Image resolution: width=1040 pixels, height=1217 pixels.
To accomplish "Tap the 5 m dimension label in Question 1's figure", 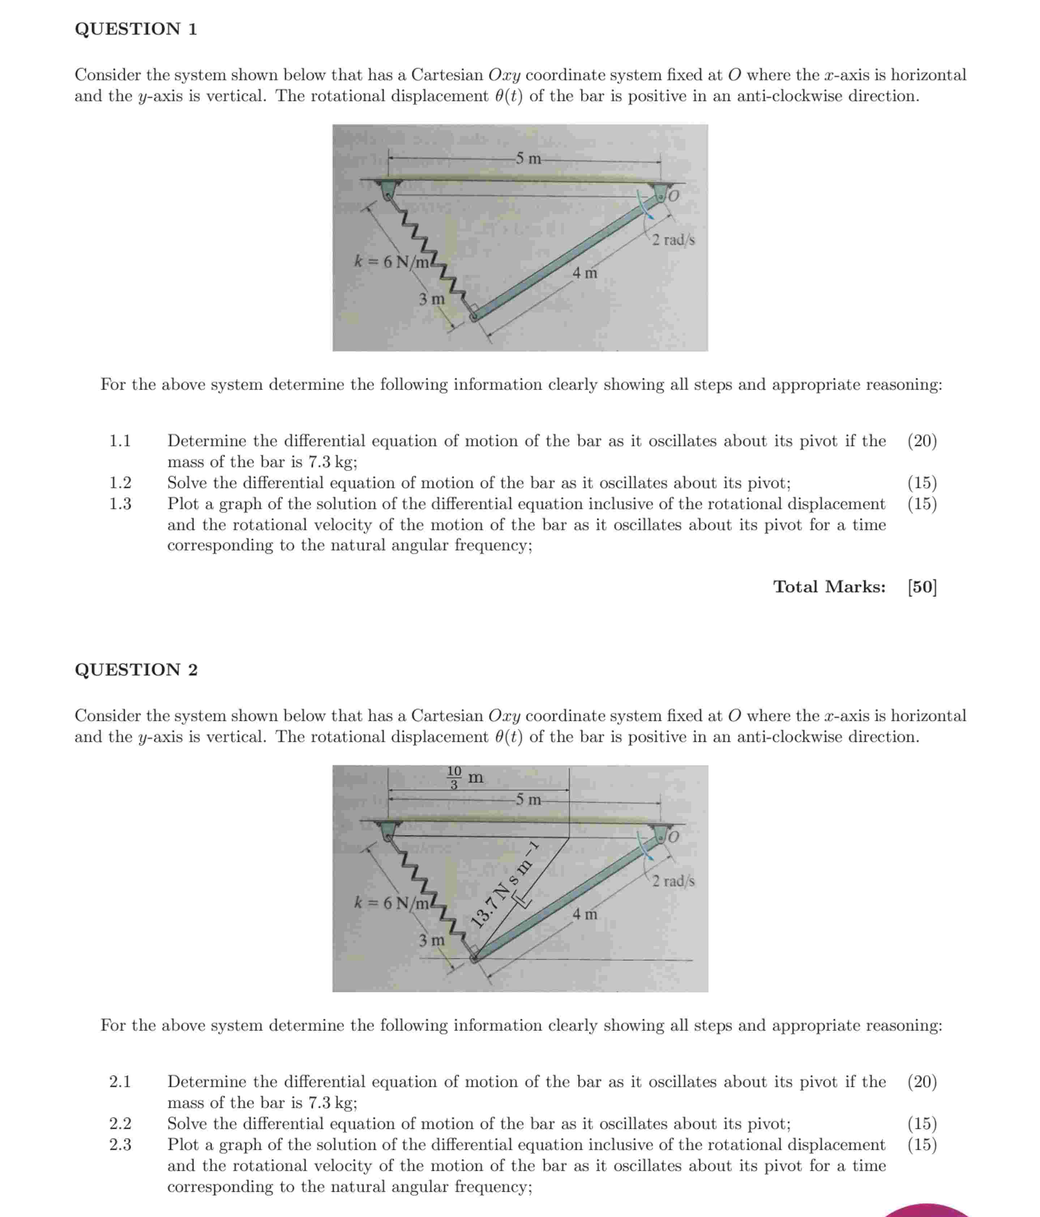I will pyautogui.click(x=528, y=158).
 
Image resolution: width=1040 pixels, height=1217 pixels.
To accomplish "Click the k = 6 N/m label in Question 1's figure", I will pyautogui.click(x=391, y=262).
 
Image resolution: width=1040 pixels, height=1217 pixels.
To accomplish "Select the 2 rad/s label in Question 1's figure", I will pyautogui.click(x=673, y=240).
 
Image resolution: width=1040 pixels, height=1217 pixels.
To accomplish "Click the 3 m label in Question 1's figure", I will pyautogui.click(x=431, y=299).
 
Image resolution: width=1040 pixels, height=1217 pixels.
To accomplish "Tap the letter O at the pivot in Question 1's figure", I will pyautogui.click(x=673, y=196).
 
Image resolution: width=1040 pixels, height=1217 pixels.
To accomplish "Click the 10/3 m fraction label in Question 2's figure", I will pyautogui.click(x=465, y=778).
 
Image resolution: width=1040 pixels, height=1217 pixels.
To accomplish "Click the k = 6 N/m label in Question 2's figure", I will pyautogui.click(x=391, y=903).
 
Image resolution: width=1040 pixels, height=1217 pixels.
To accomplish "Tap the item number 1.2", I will pyautogui.click(x=120, y=483).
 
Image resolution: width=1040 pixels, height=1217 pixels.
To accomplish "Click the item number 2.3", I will pyautogui.click(x=120, y=1144).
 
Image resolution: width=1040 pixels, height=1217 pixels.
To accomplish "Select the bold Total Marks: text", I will pyautogui.click(x=829, y=587).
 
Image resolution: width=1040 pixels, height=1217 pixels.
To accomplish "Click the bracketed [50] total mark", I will pyautogui.click(x=922, y=587).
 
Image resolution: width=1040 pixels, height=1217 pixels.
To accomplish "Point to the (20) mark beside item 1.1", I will pyautogui.click(x=922, y=441).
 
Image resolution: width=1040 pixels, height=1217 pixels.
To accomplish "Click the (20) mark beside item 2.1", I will pyautogui.click(x=922, y=1081).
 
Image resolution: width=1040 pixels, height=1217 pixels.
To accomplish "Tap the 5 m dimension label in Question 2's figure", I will pyautogui.click(x=528, y=799).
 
